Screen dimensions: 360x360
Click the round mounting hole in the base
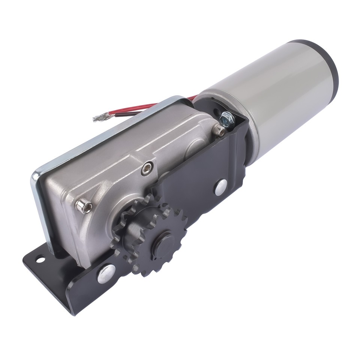(39, 259)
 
